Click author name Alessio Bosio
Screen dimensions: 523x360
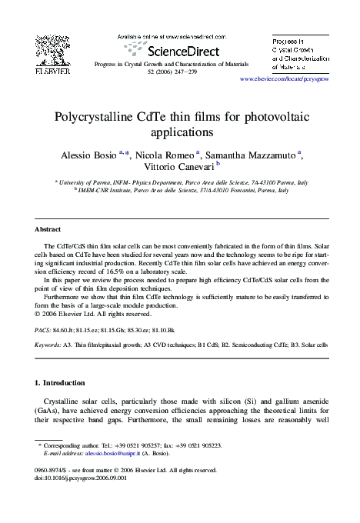tap(88, 155)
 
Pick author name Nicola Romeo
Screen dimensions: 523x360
tap(165, 155)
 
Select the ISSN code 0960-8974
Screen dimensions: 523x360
tap(51, 468)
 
